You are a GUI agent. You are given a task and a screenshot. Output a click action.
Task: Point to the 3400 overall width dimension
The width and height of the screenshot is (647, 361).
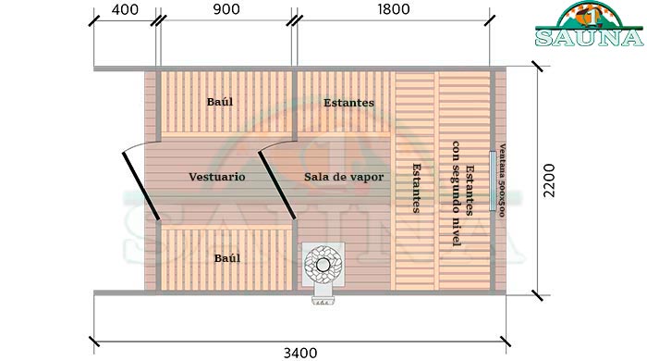pyautogui.click(x=301, y=352)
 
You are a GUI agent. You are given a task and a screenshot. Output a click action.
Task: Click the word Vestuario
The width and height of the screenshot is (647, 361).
pyautogui.click(x=217, y=176)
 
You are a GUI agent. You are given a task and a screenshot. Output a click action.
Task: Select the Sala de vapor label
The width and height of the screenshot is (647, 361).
pyautogui.click(x=343, y=176)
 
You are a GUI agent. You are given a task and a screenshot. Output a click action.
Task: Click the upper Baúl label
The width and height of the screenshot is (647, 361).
pyautogui.click(x=220, y=101)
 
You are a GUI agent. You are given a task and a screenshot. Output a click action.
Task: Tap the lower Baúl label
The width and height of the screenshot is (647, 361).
pyautogui.click(x=227, y=258)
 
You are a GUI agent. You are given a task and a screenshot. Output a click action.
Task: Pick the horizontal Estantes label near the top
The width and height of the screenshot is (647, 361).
pyautogui.click(x=348, y=103)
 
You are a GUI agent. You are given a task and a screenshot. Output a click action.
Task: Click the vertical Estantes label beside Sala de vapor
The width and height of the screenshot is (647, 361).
pyautogui.click(x=418, y=188)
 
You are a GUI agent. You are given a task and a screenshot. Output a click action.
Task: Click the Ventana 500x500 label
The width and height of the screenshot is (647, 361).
pyautogui.click(x=502, y=180)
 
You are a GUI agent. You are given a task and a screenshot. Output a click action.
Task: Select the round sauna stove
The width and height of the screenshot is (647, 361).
pyautogui.click(x=323, y=263)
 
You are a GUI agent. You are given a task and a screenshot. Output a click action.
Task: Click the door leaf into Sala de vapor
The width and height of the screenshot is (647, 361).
pyautogui.click(x=276, y=185)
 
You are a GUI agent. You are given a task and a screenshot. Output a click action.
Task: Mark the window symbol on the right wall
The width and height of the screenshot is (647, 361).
pyautogui.click(x=493, y=180)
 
